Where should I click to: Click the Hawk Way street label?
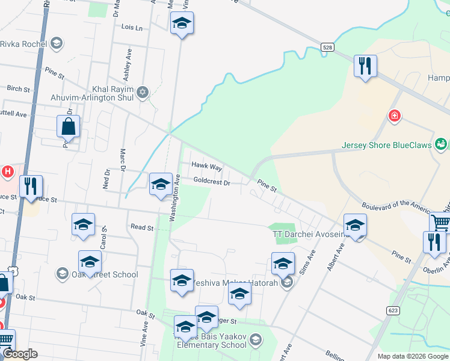207,166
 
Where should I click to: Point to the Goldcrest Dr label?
212,182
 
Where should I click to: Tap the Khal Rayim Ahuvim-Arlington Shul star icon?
142,92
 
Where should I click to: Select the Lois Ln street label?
132,28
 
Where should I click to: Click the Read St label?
142,227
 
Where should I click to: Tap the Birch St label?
18,89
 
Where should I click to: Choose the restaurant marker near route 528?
365,66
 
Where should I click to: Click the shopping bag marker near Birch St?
69,127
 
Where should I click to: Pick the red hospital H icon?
7,173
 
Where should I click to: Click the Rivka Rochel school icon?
56,43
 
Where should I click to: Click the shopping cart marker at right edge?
440,223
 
